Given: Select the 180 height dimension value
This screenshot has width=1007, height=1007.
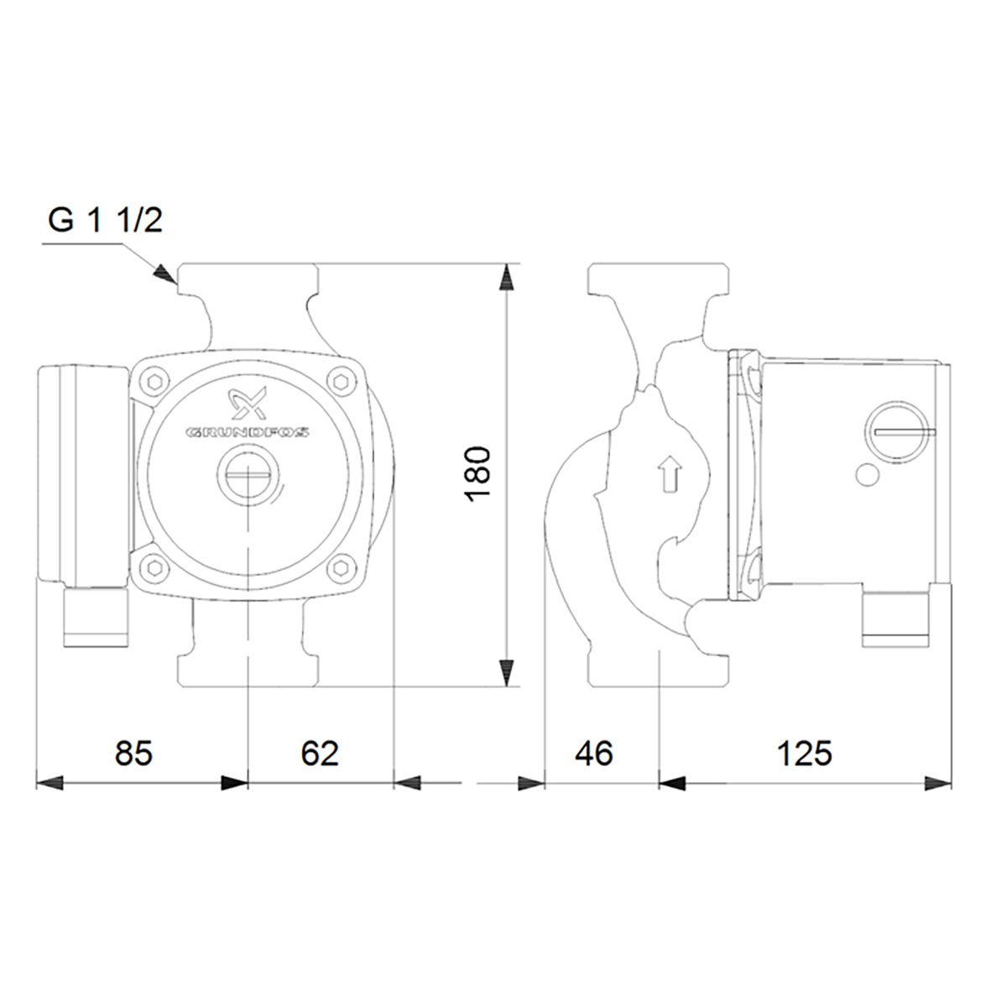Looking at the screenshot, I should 477,474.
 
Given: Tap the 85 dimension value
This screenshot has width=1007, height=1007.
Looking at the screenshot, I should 134,753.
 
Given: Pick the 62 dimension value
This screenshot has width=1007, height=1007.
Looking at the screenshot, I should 320,753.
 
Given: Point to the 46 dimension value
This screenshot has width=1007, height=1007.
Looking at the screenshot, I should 594,753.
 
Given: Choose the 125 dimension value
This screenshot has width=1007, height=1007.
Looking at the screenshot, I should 804,753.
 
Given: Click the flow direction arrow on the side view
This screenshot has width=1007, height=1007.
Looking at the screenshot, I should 669,473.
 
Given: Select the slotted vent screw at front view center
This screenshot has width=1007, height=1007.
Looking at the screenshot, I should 248,479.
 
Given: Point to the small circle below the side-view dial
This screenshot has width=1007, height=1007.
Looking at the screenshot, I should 867,477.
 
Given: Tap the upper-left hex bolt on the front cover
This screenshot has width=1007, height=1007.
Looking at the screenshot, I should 158,383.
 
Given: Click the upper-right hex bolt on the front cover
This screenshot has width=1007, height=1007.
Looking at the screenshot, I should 341,383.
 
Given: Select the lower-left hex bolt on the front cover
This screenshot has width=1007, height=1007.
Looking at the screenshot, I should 158,568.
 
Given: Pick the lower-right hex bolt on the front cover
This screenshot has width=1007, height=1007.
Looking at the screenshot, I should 341,568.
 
